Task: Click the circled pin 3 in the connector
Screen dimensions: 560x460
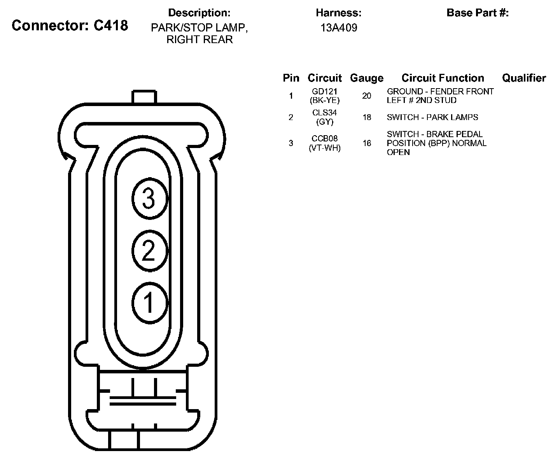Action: [x=149, y=199]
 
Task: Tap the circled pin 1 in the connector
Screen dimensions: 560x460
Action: [x=149, y=302]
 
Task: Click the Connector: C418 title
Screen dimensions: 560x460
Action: [x=70, y=26]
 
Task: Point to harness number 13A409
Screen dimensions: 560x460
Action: [x=339, y=28]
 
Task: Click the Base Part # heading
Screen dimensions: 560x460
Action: [x=478, y=13]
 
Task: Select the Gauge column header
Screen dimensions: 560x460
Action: [x=366, y=78]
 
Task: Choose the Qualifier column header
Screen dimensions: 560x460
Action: [x=524, y=78]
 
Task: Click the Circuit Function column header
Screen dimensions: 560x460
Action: [x=443, y=78]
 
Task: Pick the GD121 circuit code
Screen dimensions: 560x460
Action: [x=325, y=92]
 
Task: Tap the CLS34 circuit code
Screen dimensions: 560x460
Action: [x=325, y=113]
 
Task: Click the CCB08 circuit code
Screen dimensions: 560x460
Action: [x=325, y=139]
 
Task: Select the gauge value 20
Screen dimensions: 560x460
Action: [x=367, y=96]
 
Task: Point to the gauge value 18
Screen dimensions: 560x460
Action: [x=367, y=117]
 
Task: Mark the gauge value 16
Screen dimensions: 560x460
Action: [x=367, y=143]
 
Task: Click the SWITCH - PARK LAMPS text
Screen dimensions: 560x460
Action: [x=432, y=117]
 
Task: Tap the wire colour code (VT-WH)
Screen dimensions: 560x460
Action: [x=325, y=148]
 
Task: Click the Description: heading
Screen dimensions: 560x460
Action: [x=199, y=13]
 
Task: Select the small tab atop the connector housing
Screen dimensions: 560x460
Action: [x=144, y=97]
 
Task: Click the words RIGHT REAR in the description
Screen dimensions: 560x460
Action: [x=199, y=40]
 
